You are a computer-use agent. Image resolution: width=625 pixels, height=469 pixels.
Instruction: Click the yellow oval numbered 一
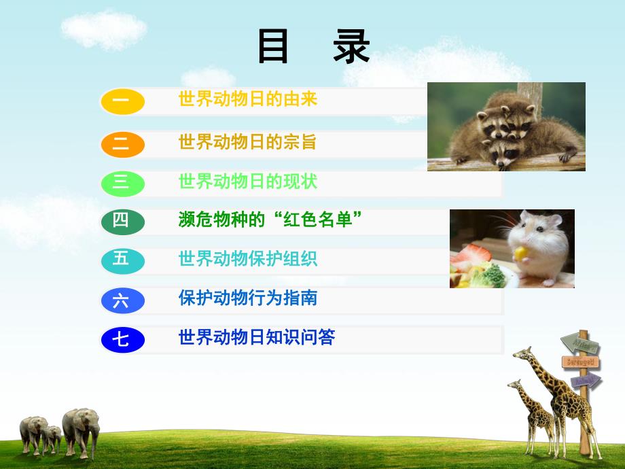tap(122, 101)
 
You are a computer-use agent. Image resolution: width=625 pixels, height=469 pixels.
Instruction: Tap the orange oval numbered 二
tap(122, 143)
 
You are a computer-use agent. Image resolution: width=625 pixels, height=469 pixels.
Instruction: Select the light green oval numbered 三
tap(122, 183)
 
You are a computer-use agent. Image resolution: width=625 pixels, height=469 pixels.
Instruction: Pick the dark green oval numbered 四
tap(122, 221)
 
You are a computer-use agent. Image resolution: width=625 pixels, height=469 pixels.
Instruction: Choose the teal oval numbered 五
tap(122, 260)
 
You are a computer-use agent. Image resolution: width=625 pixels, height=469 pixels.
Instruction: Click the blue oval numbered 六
tap(122, 300)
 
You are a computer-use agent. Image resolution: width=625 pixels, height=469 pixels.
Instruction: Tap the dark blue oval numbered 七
tap(122, 339)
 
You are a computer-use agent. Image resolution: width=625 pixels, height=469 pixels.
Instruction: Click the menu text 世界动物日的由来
tap(248, 99)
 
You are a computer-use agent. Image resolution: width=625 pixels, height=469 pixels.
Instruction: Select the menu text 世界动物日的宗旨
tap(248, 142)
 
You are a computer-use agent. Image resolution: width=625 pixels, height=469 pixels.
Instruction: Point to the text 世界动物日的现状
tap(248, 181)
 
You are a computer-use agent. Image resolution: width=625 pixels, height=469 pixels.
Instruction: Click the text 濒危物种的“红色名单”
tap(270, 220)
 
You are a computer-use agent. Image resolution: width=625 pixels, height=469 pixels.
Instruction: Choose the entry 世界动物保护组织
tap(248, 259)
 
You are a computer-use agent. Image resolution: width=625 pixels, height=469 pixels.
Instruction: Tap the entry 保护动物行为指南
tap(248, 298)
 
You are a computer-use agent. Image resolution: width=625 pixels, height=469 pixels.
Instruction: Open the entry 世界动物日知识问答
tap(257, 337)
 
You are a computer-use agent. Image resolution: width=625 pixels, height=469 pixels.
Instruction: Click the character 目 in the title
tap(273, 47)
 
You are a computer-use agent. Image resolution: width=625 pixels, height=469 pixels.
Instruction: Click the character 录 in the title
tap(351, 47)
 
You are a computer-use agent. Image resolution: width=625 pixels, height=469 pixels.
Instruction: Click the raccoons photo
tap(506, 126)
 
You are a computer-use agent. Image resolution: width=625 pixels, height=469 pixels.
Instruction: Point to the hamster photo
tap(512, 248)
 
